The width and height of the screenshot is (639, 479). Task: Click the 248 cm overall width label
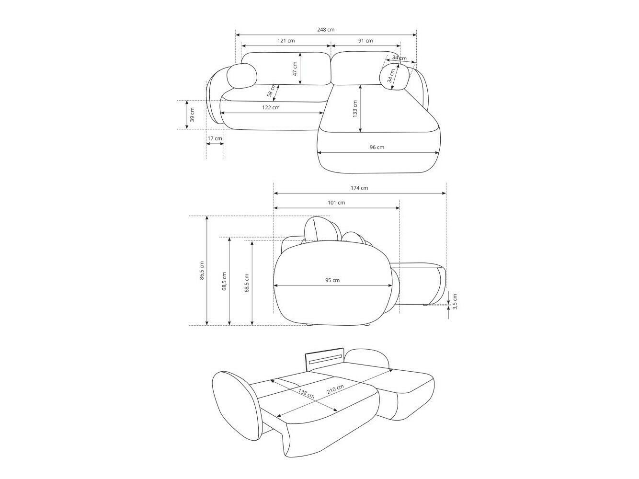click(x=326, y=30)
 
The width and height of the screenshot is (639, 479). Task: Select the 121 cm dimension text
click(x=286, y=41)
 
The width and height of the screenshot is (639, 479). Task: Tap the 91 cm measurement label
click(x=365, y=41)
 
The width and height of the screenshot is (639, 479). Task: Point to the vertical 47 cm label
click(x=295, y=69)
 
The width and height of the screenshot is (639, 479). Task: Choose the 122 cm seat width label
click(x=271, y=108)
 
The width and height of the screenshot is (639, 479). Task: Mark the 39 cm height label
click(x=192, y=115)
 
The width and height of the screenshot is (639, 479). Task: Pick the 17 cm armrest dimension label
click(x=215, y=138)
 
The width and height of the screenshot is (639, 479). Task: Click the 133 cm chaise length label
click(x=355, y=109)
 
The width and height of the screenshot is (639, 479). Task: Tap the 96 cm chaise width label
click(x=377, y=148)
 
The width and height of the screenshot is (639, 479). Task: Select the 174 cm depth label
click(x=359, y=188)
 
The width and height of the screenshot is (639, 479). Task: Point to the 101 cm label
click(x=336, y=203)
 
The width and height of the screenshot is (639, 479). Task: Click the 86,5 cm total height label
click(x=202, y=271)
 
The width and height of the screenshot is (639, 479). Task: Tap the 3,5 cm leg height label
click(x=455, y=301)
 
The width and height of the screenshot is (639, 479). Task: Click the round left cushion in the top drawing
click(x=241, y=76)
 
